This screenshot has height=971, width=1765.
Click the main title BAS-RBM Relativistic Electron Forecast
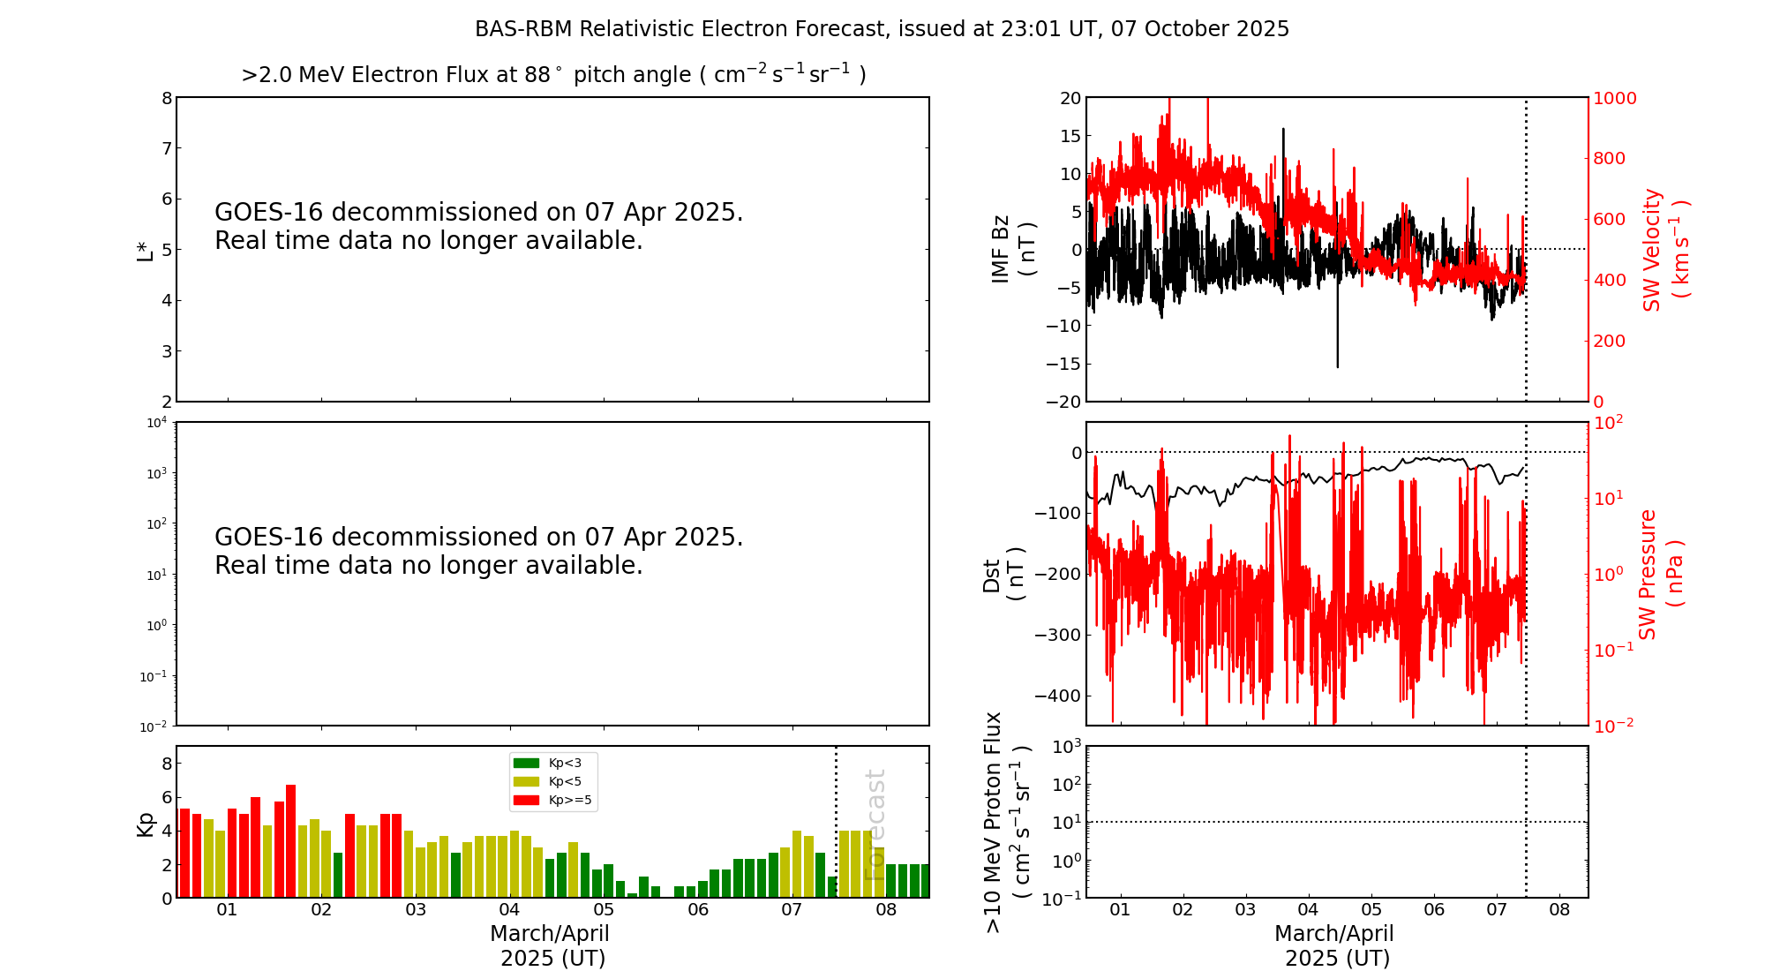882,29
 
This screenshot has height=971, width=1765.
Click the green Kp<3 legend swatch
526,763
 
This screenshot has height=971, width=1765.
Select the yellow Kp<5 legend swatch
526,781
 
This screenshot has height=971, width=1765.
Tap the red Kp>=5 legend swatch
526,801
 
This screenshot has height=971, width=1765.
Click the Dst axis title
1003,575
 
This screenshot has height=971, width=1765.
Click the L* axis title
146,250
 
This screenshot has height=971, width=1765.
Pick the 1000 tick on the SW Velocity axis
1614,98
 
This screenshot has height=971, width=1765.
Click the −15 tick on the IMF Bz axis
1064,364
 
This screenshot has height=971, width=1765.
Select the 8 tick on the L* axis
166,98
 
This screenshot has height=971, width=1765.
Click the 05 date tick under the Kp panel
604,910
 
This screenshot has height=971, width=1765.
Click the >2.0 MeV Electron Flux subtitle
553,75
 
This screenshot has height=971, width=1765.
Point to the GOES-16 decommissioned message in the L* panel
478,227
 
